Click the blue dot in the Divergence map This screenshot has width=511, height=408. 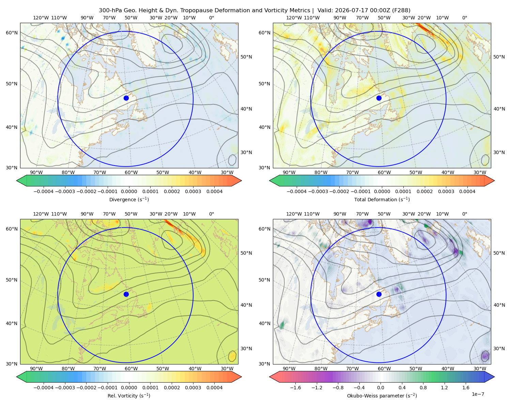(126, 98)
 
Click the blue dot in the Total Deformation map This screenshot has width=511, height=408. (379, 98)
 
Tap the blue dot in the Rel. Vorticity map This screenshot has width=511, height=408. (126, 294)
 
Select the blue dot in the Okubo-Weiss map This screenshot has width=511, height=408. (379, 294)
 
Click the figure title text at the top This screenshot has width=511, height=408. (254, 11)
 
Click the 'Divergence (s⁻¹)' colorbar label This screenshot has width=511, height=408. (129, 199)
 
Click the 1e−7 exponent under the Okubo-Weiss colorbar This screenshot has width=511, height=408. (478, 394)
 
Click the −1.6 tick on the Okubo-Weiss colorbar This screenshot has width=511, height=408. (295, 388)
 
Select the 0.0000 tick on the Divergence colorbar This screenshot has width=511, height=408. (129, 191)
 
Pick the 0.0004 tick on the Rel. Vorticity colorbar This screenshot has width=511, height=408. (214, 388)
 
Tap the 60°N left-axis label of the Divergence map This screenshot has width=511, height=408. (12, 33)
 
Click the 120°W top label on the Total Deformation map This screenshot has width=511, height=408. (294, 18)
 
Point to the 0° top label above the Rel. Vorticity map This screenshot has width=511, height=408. (212, 214)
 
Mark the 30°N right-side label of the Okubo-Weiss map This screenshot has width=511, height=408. (499, 348)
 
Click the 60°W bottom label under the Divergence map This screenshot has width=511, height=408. (131, 172)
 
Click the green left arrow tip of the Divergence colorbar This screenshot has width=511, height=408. (17, 181)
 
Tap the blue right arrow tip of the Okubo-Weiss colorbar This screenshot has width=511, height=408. (494, 377)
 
